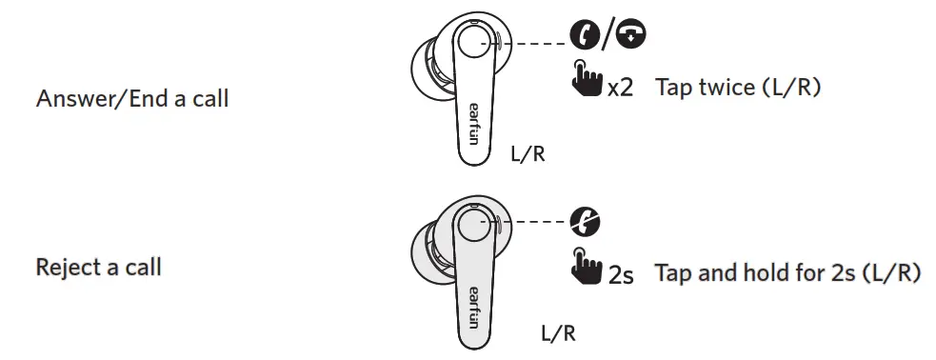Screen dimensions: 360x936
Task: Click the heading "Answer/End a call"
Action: click(132, 98)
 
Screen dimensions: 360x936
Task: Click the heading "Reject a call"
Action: click(98, 267)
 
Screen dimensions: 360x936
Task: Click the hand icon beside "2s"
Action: click(588, 266)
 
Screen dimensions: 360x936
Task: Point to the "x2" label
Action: click(620, 89)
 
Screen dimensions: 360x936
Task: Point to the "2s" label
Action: click(621, 275)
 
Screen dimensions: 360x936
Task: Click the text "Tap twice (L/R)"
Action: click(738, 88)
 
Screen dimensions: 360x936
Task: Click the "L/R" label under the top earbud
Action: click(528, 153)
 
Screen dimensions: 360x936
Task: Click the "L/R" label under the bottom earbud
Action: click(559, 332)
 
